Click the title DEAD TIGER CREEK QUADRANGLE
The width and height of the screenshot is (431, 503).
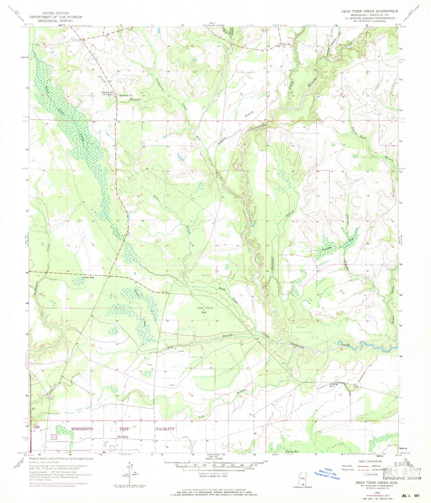(x=369, y=11)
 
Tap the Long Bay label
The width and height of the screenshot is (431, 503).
(x=88, y=278)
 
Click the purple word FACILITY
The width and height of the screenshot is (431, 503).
(x=165, y=429)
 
